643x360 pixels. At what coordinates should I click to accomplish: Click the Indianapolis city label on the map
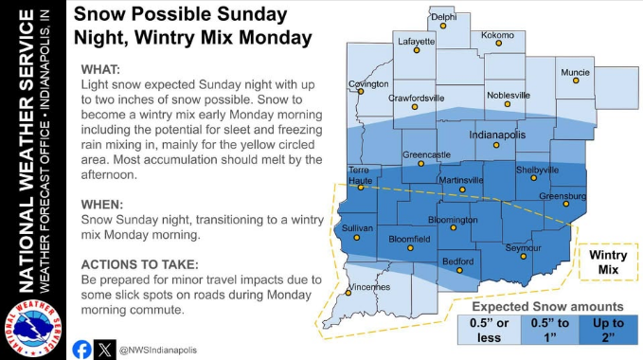point(498,136)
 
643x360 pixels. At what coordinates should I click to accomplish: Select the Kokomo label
point(497,35)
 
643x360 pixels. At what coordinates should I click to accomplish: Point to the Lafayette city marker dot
point(416,51)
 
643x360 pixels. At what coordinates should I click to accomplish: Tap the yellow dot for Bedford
point(459,270)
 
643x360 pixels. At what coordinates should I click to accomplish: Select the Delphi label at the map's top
point(443,17)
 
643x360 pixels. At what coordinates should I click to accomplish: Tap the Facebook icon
point(81,350)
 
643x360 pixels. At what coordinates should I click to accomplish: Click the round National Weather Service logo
point(32,329)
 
